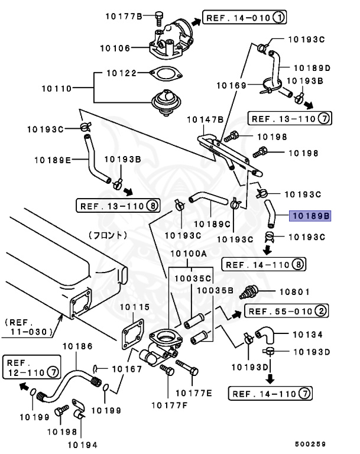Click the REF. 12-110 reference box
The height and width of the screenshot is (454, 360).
(31, 367)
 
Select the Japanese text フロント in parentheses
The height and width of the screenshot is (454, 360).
(108, 235)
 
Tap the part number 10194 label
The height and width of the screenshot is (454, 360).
(83, 444)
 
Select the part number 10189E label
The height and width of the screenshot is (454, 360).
(53, 159)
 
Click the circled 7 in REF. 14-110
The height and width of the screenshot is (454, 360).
(304, 394)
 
